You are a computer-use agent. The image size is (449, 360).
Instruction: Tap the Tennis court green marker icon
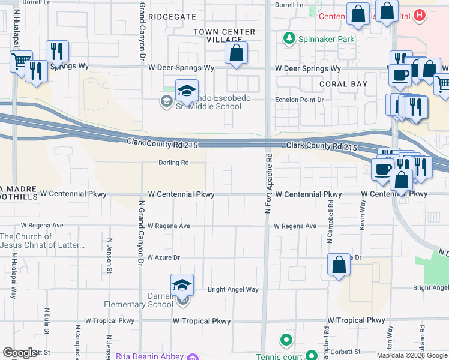pos(286,341)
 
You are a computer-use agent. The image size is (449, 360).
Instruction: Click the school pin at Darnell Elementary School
pos(182,287)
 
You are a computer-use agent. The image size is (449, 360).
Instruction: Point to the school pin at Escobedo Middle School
pos(187,92)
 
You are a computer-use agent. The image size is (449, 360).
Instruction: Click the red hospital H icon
pos(420,15)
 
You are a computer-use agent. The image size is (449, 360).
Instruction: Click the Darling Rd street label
pos(173,163)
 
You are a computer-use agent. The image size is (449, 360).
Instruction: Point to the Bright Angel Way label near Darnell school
pos(233,289)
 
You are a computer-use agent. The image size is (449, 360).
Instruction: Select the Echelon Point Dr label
pos(299,100)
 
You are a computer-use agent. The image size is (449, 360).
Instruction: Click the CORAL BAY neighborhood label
pos(343,84)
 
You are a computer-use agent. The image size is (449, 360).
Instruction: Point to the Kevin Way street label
pos(363,214)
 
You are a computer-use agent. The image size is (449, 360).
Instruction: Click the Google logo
pos(20,353)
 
